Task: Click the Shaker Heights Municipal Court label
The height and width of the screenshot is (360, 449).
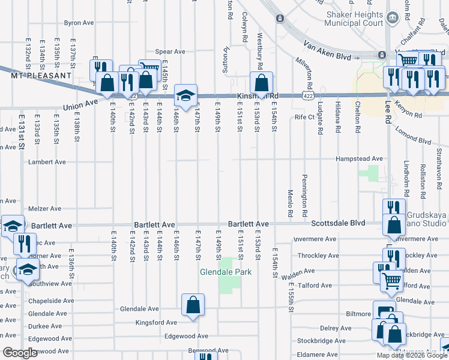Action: pos(354,19)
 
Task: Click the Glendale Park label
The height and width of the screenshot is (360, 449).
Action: pos(225,272)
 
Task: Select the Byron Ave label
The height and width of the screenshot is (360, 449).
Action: pos(79,23)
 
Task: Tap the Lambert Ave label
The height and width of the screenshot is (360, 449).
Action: pos(47,162)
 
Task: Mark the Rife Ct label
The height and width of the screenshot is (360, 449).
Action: pos(304,117)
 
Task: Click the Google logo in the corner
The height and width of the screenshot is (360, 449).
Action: pos(20,353)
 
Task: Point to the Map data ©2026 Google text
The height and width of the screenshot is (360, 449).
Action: pos(412,355)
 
